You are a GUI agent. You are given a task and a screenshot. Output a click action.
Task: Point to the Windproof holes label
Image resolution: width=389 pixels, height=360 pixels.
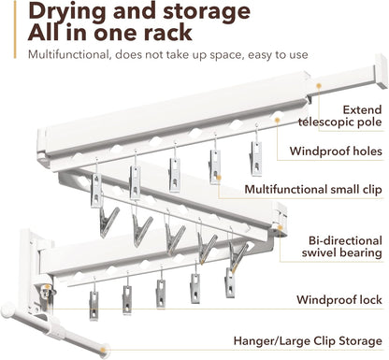point(336,151)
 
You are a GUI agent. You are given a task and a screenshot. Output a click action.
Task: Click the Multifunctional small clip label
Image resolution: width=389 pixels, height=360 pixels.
point(313,189)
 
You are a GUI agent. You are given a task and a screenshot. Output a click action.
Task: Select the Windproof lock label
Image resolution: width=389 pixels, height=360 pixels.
point(339,300)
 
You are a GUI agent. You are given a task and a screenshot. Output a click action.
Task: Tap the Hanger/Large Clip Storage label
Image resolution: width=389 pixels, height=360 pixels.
point(308,340)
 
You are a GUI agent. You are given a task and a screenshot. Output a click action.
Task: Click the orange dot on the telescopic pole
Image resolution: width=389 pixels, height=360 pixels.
point(319,86)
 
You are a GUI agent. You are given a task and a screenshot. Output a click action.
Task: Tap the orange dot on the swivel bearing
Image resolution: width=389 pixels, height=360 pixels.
point(280,228)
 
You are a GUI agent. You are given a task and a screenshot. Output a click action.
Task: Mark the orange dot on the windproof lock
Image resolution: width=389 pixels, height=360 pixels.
point(47,287)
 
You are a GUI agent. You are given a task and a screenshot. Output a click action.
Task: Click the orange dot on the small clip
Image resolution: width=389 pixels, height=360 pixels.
point(219,178)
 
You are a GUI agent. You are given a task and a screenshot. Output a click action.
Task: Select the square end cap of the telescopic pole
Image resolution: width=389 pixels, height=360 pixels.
point(382,71)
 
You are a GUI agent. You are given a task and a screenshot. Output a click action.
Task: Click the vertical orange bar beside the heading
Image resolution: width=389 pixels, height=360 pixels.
point(15,29)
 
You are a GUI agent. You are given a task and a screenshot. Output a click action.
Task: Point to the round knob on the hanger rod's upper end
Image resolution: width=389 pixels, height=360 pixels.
point(7,310)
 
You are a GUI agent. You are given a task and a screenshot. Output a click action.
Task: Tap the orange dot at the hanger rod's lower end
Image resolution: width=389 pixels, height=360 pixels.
point(104,350)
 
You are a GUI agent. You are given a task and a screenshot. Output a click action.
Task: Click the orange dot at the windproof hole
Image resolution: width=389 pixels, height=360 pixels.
point(277,120)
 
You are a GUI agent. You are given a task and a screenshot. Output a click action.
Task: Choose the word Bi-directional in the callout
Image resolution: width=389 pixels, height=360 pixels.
point(345,240)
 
